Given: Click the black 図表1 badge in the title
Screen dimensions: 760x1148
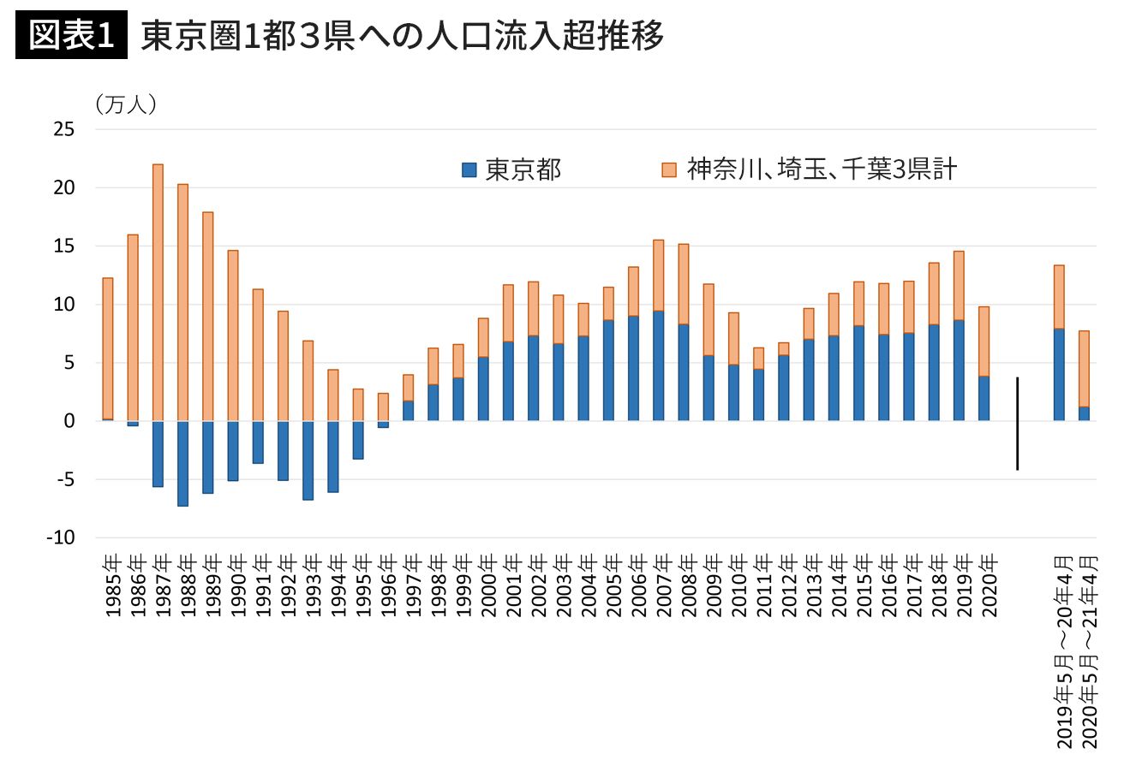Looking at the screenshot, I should (x=72, y=37).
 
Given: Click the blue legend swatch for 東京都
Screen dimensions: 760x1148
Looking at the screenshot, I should (x=469, y=169).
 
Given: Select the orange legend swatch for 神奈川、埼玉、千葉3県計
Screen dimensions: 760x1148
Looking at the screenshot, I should (x=670, y=169).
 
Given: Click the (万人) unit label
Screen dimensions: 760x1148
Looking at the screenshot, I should (x=125, y=104).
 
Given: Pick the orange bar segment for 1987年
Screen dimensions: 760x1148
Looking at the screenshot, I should (x=158, y=292).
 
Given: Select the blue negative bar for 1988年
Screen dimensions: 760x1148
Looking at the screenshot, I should (x=182, y=463).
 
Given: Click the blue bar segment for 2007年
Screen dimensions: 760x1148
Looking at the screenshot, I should (x=658, y=365).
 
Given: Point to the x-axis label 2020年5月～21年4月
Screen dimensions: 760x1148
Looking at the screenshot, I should (x=1087, y=650).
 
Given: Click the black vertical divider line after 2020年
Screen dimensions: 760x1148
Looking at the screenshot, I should (x=1017, y=424).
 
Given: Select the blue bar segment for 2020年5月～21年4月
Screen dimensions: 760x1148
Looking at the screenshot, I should (x=1084, y=413).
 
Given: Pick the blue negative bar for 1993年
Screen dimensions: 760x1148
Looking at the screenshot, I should (x=308, y=460).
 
